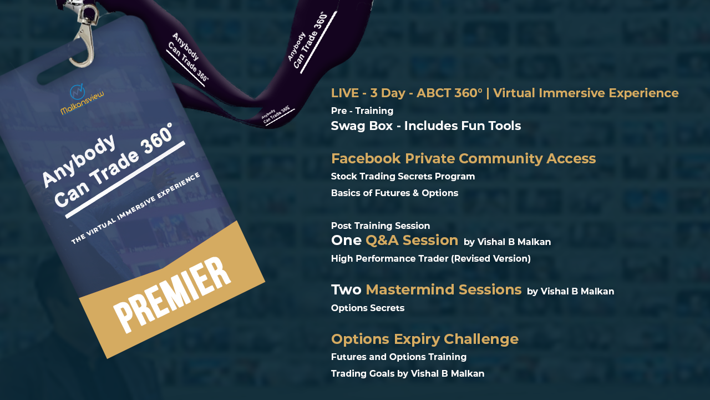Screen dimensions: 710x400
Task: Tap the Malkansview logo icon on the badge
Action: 77,92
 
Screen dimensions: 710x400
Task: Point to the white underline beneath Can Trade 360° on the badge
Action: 125,179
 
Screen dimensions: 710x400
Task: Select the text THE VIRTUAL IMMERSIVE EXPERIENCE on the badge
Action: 136,208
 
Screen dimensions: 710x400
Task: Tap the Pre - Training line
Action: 362,111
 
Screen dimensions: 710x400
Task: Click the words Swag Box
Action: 362,126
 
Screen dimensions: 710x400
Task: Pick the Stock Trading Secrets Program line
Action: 403,177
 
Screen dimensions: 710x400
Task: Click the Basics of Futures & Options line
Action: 394,193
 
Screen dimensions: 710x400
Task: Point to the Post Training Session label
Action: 381,226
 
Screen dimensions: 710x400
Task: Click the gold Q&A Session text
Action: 412,241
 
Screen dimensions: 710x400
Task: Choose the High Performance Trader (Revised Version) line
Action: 431,258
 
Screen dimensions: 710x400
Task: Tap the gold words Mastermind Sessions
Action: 443,289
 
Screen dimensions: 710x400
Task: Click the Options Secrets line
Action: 368,308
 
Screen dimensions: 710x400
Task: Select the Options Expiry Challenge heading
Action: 425,339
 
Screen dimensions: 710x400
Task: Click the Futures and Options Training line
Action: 399,357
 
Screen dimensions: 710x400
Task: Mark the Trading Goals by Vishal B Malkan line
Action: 408,373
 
